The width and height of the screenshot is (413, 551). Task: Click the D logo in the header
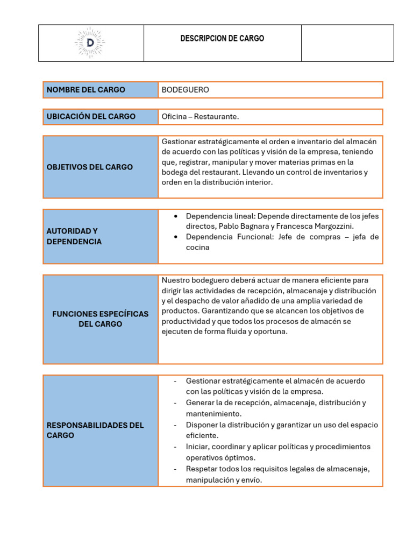coord(90,42)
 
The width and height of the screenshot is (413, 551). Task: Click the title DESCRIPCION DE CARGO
coord(222,39)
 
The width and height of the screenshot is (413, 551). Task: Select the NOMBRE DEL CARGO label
coord(86,90)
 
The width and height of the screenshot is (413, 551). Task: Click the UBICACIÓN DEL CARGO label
coord(91,117)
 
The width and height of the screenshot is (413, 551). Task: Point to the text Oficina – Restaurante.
coord(200,117)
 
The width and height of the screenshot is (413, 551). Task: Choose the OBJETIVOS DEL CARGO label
coord(89,167)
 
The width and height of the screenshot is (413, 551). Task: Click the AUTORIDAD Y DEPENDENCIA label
coord(74,236)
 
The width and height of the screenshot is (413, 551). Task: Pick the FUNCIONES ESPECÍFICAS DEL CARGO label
coord(100,319)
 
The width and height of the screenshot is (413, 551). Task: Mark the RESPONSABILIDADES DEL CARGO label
coord(95,430)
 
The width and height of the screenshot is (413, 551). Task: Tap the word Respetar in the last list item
coord(201,469)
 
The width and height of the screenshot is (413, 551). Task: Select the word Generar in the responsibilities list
coord(201,402)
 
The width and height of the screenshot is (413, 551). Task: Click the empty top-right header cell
coord(347,43)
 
